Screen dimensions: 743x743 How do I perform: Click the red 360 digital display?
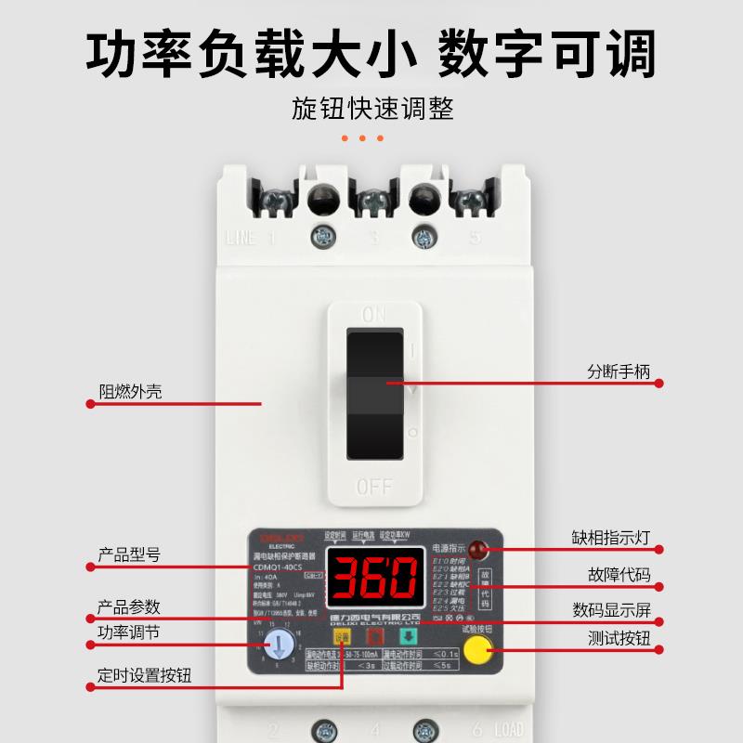(x=375, y=578)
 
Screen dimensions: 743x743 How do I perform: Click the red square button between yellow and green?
(x=375, y=637)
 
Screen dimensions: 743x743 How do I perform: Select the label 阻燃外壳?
(x=131, y=391)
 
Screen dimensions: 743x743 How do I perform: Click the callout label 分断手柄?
(x=619, y=373)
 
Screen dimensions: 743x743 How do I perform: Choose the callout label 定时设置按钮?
(x=145, y=675)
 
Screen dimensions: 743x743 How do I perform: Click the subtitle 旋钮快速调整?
(x=372, y=109)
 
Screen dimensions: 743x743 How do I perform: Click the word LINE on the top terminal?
(x=241, y=238)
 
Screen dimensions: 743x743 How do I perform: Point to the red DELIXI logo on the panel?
(x=278, y=537)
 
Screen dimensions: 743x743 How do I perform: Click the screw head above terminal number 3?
(x=373, y=198)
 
